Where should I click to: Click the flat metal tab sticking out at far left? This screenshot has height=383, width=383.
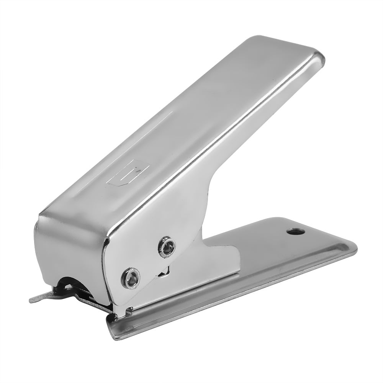coord(38,298)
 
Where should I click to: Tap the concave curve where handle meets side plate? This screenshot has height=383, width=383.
coord(209,214)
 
